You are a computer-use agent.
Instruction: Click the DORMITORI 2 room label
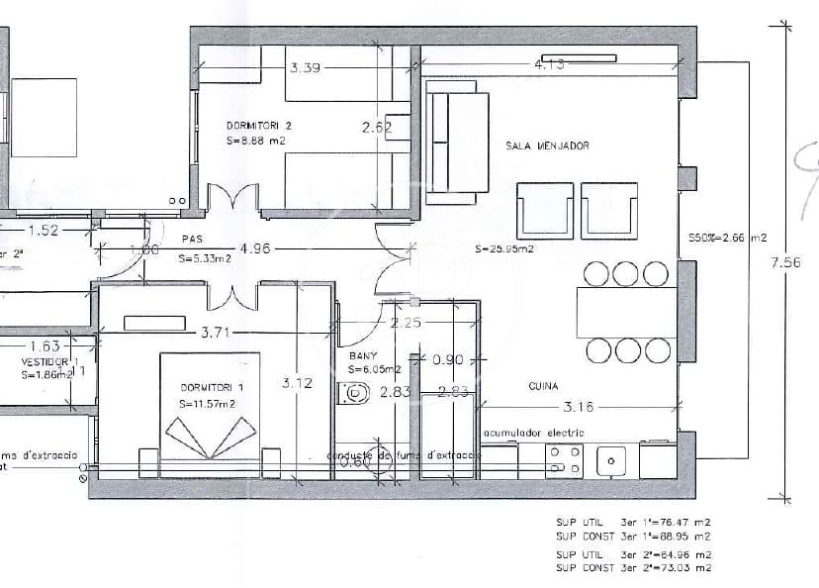pos(258,127)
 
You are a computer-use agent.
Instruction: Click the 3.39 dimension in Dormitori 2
pos(306,68)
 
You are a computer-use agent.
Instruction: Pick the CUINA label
pos(543,386)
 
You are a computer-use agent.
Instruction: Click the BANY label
pos(364,354)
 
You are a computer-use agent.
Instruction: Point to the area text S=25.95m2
pos(503,249)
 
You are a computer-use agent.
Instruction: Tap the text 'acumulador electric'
pos(533,433)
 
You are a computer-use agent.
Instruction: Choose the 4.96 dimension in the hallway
pos(253,249)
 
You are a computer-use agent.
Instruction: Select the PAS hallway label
pos(191,240)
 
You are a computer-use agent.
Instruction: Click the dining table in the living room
pos(626,312)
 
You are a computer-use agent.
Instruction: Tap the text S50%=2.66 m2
pos(727,239)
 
